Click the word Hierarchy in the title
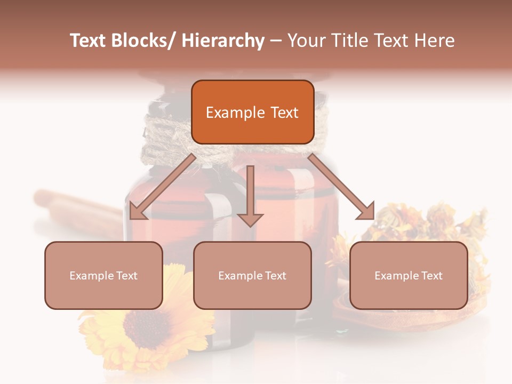point(223,41)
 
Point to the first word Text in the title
point(89,41)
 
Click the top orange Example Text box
point(252,112)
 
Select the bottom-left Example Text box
point(103,275)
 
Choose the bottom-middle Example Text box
point(252,275)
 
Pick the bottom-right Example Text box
point(409,275)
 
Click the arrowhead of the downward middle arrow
point(250,219)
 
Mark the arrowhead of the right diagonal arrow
point(365,212)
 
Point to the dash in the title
point(276,41)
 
